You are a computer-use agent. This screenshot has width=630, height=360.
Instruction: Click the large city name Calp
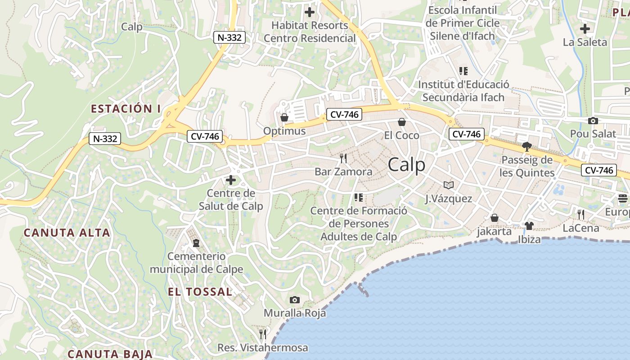click(406, 165)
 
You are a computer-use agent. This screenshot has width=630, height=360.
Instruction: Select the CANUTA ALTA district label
click(67, 233)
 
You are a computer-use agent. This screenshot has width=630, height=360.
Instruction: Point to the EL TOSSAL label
click(200, 292)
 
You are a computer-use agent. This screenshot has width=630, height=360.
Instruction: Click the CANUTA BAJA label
click(110, 354)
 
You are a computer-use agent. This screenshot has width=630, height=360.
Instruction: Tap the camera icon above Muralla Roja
click(295, 300)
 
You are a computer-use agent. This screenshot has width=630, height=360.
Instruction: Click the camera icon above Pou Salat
click(593, 121)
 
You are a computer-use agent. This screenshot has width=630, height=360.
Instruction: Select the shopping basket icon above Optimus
click(284, 118)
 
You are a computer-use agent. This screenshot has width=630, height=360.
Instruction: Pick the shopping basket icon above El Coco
click(402, 122)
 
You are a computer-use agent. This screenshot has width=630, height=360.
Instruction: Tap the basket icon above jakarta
click(495, 218)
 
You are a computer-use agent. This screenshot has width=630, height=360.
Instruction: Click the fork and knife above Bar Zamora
click(343, 158)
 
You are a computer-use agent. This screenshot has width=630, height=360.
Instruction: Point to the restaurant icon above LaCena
click(581, 214)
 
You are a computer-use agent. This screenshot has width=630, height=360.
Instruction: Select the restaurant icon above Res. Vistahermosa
click(263, 334)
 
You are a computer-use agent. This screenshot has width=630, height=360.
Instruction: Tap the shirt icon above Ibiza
click(529, 225)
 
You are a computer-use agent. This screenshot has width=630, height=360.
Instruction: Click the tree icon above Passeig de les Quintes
click(526, 146)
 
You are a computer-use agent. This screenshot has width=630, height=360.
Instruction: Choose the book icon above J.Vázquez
click(449, 185)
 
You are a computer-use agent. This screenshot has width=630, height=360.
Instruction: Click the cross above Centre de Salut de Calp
click(231, 180)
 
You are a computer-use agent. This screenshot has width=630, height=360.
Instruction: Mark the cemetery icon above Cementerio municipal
click(196, 243)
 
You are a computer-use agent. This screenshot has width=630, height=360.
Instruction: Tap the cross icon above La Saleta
click(585, 29)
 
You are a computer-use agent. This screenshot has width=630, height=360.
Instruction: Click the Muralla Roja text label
click(295, 313)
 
